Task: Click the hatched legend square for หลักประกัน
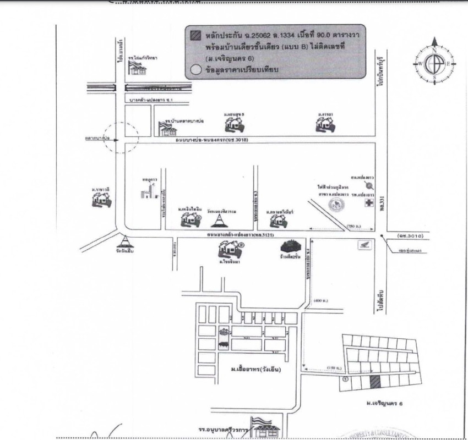tap(193, 34)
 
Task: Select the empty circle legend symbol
tap(194, 70)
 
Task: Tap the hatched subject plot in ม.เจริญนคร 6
tap(374, 382)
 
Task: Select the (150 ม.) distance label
tap(334, 367)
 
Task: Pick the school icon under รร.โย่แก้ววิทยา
tap(135, 68)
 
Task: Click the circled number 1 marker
tap(345, 378)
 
